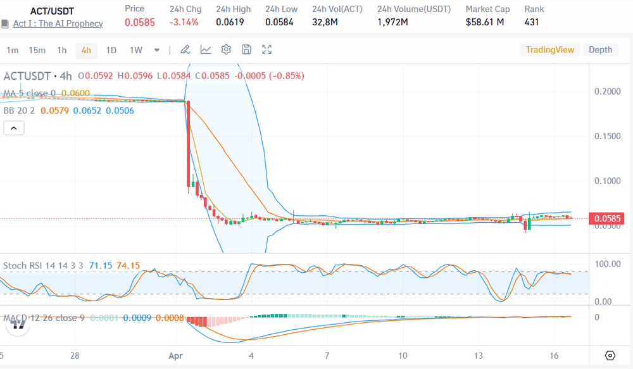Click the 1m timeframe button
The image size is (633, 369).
(13, 50)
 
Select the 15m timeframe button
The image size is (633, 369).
(37, 50)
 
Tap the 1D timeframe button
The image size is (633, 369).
(111, 50)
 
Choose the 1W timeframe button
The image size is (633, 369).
(135, 50)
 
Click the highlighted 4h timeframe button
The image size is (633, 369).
(86, 50)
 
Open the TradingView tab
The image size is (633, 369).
(550, 49)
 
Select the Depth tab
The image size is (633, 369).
(600, 49)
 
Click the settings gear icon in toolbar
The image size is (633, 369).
(226, 49)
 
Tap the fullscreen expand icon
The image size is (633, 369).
(267, 49)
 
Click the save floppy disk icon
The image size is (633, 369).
(247, 49)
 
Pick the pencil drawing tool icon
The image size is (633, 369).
(185, 49)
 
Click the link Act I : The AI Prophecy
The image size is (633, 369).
(58, 23)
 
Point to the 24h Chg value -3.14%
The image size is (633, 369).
(184, 22)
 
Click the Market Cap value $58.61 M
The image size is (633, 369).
(484, 22)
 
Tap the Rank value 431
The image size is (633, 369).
(532, 22)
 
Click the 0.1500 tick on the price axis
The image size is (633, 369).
(608, 136)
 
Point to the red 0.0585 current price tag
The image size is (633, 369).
(608, 219)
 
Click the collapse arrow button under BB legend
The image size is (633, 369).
(14, 128)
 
